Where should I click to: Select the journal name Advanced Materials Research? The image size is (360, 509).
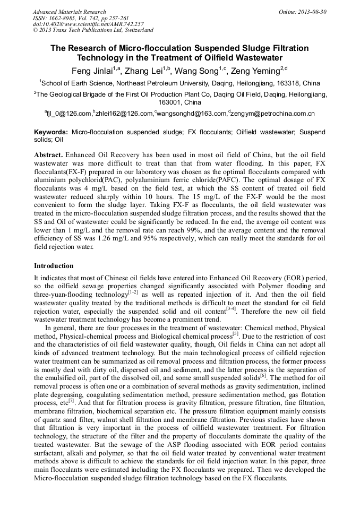[x=69, y=12]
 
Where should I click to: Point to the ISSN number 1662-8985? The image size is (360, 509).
[x=61, y=18]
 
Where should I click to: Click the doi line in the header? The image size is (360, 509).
[x=88, y=24]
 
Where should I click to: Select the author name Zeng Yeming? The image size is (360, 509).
[x=258, y=71]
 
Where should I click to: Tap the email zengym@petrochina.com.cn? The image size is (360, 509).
[x=273, y=113]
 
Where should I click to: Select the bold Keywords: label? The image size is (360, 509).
[x=51, y=132]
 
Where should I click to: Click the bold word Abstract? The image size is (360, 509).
[x=49, y=153]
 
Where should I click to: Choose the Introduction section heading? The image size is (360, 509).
[x=54, y=265]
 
